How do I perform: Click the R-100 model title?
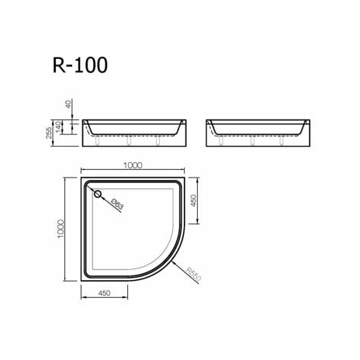[x=80, y=65]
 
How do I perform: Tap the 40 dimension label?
[x=68, y=104]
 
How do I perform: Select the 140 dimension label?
[x=58, y=126]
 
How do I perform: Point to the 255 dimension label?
[x=49, y=133]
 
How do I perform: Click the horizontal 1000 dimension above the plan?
[x=133, y=165]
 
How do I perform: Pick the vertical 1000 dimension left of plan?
[x=61, y=229]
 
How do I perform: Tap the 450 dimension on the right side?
[x=193, y=200]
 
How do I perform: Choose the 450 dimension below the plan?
[x=104, y=292]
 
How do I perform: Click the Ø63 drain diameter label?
[x=117, y=204]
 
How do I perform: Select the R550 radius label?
[x=194, y=275]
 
